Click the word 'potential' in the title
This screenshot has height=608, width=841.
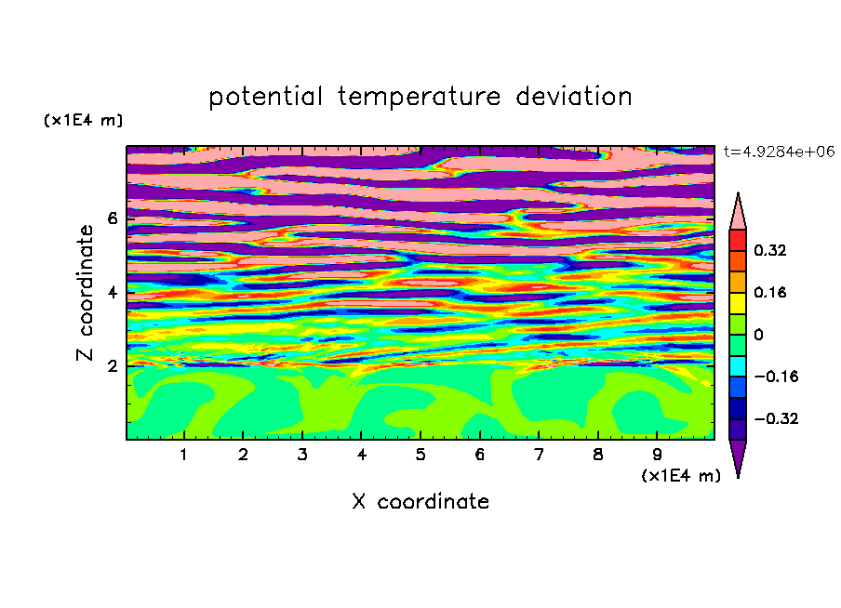point(265,98)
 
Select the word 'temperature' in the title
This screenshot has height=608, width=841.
point(419,98)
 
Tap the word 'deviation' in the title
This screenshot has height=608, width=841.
point(574,97)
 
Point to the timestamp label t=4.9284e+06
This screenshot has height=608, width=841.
point(779,152)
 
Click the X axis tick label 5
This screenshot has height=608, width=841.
point(420,455)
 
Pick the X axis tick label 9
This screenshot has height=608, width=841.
point(657,455)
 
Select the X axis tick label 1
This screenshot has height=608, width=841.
point(183,455)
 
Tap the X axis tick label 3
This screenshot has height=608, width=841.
point(302,455)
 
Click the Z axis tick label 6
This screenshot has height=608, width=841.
point(112,218)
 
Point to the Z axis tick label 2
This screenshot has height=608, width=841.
point(112,366)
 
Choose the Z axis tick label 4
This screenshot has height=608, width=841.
point(112,293)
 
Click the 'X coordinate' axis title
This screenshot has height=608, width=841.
point(420,501)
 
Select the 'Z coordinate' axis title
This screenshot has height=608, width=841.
point(85,293)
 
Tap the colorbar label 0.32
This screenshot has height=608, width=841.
point(769,250)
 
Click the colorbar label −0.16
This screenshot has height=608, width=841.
point(776,377)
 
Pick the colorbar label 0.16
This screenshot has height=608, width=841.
point(769,292)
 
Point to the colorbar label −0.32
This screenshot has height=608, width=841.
point(776,418)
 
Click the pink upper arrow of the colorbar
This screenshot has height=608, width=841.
point(738,215)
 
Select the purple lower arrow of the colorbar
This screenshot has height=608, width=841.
point(738,455)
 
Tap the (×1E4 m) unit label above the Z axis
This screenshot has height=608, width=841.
point(83,120)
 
